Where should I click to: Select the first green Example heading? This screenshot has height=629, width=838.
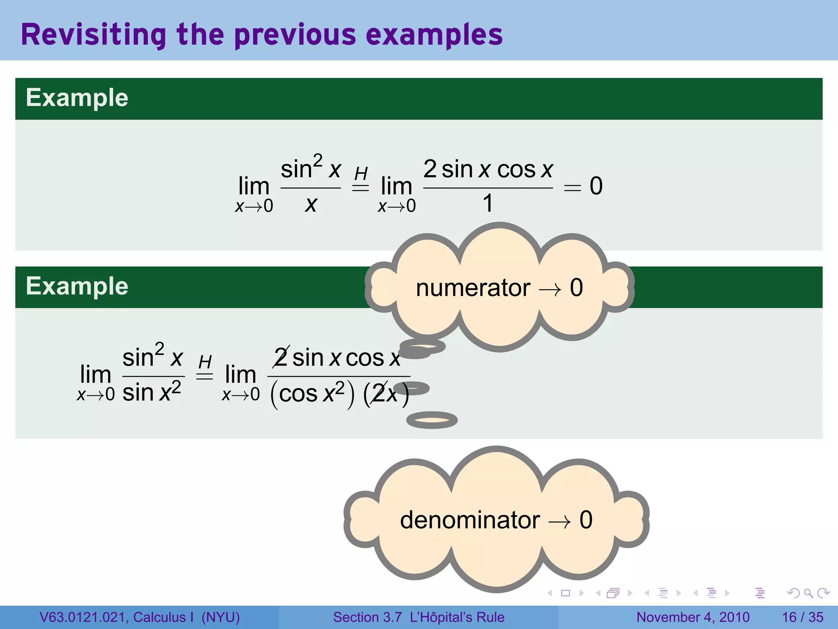pyautogui.click(x=77, y=98)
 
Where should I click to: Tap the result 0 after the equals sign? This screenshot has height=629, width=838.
pyautogui.click(x=596, y=186)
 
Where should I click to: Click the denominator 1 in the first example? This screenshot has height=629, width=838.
pyautogui.click(x=488, y=203)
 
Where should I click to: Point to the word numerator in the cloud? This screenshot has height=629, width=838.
pyautogui.click(x=473, y=287)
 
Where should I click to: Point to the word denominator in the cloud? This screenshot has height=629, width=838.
pyautogui.click(x=470, y=520)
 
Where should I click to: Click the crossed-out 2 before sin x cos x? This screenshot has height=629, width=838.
pyautogui.click(x=281, y=357)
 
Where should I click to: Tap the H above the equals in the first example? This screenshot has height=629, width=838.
pyautogui.click(x=361, y=174)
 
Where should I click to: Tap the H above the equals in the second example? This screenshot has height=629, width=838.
pyautogui.click(x=205, y=362)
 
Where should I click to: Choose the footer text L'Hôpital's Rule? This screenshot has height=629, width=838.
pyautogui.click(x=457, y=617)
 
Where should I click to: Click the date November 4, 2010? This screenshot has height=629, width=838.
pyautogui.click(x=693, y=617)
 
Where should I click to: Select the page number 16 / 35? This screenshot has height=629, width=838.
pyautogui.click(x=802, y=617)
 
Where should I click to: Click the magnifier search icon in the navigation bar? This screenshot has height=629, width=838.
pyautogui.click(x=808, y=593)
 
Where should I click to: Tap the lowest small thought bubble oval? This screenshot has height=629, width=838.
pyautogui.click(x=432, y=420)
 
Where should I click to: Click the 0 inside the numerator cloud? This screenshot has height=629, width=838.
pyautogui.click(x=576, y=287)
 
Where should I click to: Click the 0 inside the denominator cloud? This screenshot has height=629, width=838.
pyautogui.click(x=586, y=520)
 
